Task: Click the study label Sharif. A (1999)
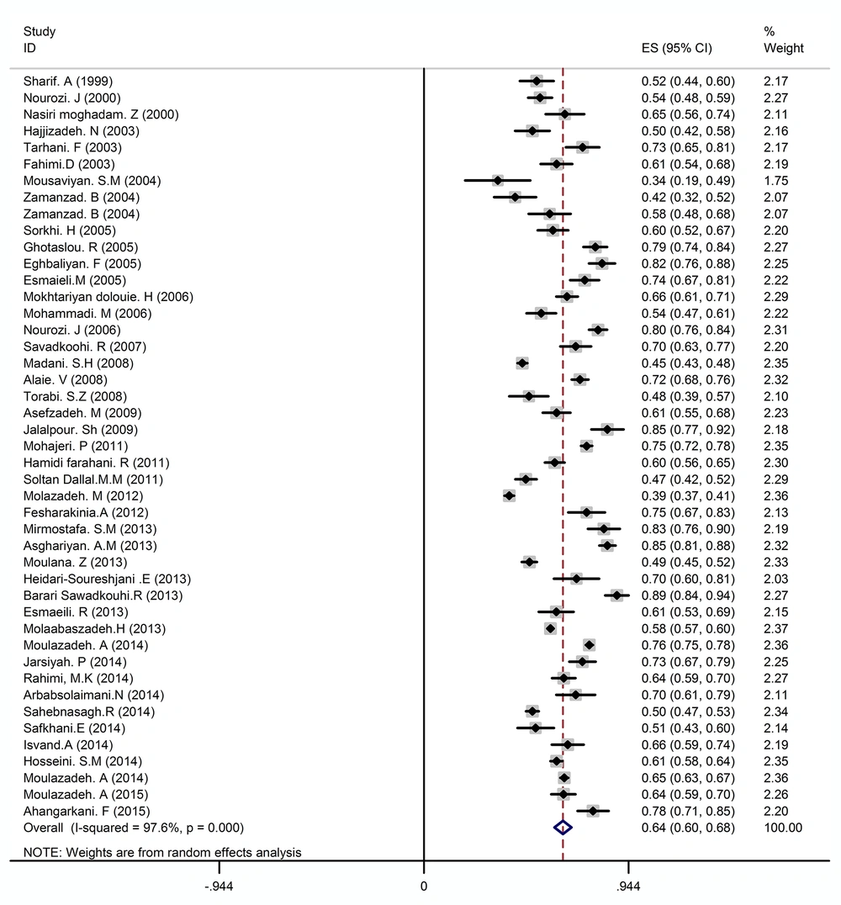coord(68,82)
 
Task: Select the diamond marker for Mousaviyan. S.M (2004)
coord(498,181)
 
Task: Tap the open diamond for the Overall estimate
coord(563,828)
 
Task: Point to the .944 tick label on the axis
coord(628,886)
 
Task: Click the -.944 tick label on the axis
coord(219,886)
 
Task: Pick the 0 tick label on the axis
coord(424,886)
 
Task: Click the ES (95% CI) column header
coord(676,48)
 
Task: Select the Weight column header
coord(783,48)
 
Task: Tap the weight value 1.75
coord(775,181)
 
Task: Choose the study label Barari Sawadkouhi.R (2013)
coord(103,595)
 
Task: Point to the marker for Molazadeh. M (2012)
coord(509,495)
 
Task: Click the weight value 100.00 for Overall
coord(783,828)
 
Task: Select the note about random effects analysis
coord(162,853)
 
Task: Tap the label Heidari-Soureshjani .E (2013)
coord(107,579)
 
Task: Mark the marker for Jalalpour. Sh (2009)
coord(606,430)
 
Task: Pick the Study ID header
coord(40,40)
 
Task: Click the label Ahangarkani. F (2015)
coord(87,811)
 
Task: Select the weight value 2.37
coord(775,628)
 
